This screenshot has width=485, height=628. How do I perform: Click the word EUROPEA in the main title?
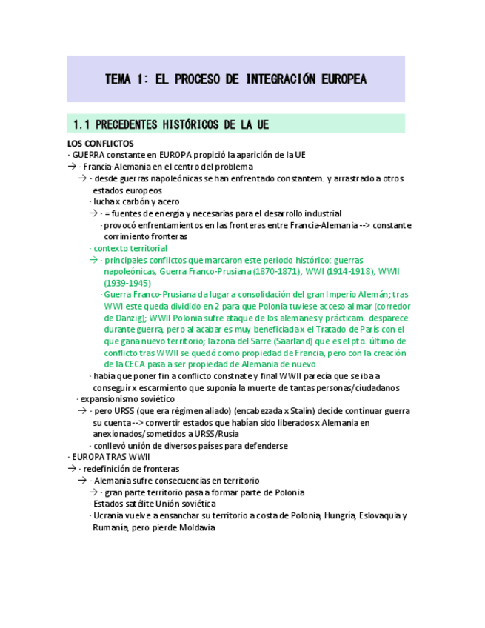point(334,79)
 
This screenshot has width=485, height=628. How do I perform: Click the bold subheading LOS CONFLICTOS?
point(100,143)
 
